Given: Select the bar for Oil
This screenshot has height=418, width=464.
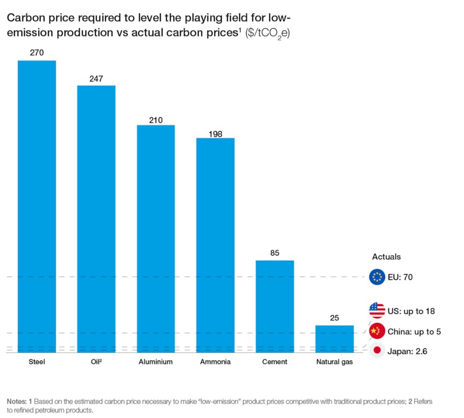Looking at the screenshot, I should pos(96,219).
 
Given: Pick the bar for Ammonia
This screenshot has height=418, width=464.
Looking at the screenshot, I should pos(215,245).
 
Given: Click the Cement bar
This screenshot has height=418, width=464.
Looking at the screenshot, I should pos(275,307).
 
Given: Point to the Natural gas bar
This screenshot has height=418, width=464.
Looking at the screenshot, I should pos(334,339).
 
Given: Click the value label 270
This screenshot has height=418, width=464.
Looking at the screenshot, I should pos(37,53).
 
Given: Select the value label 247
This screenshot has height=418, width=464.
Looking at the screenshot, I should pos(96,79).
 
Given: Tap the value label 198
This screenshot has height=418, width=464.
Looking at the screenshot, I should pos(215,133).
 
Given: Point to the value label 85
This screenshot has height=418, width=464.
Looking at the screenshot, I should pos(275,253).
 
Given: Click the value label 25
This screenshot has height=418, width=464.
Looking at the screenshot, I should pos(334,318).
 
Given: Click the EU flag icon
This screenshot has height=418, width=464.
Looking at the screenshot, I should pos(377,277).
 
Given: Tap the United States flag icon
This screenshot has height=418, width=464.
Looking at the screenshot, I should pos(377,310).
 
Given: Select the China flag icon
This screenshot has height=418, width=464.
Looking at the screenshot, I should pos(377,331).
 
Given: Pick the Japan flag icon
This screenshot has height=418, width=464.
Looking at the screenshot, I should pos(377,351).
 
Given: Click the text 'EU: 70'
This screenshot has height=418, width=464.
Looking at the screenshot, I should pos(401,278).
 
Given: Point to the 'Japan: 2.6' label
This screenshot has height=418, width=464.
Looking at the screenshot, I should pos(407,351).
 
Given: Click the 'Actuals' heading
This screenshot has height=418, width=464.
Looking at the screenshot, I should pos(386,256).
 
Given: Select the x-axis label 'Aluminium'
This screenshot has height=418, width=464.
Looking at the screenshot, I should pos(156,362).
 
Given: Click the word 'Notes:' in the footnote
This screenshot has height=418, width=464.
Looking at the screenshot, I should pos(17,402).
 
